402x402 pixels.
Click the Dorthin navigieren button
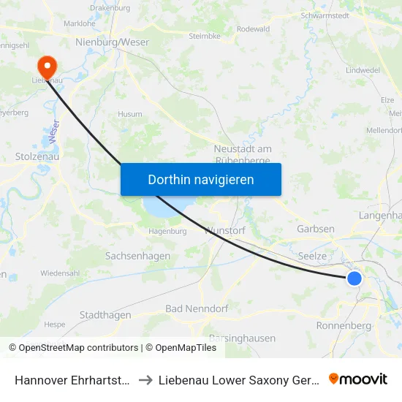(x=200, y=179)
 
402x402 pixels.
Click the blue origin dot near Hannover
(x=354, y=278)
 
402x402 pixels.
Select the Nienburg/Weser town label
(x=112, y=42)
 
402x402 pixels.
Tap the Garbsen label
(x=316, y=229)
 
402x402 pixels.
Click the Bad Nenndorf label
(x=194, y=308)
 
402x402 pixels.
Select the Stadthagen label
(x=105, y=315)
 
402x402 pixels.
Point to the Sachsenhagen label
(x=137, y=257)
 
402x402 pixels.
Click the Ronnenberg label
(x=340, y=325)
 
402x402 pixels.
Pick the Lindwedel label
(x=363, y=70)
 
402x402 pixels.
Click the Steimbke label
(x=205, y=35)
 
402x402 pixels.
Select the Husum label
(x=130, y=114)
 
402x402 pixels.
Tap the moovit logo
(x=358, y=379)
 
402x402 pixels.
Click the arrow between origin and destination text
(x=143, y=379)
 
